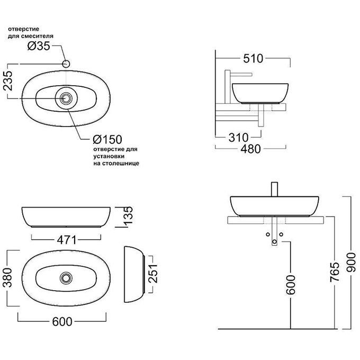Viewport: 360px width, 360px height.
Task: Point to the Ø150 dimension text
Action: point(107,140)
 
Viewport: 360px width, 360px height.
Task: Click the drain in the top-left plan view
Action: point(66,98)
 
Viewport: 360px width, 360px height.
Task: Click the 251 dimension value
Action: point(154,274)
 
